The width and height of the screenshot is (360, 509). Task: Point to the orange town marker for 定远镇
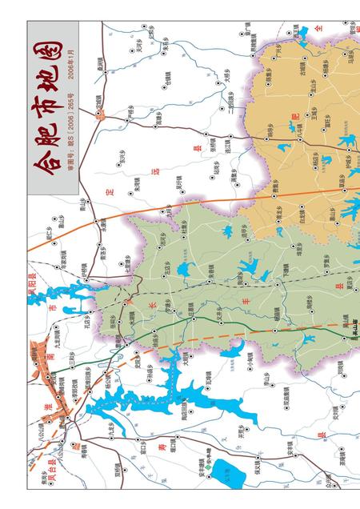tap(98, 113)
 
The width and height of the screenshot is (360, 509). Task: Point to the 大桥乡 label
tap(227, 79)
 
